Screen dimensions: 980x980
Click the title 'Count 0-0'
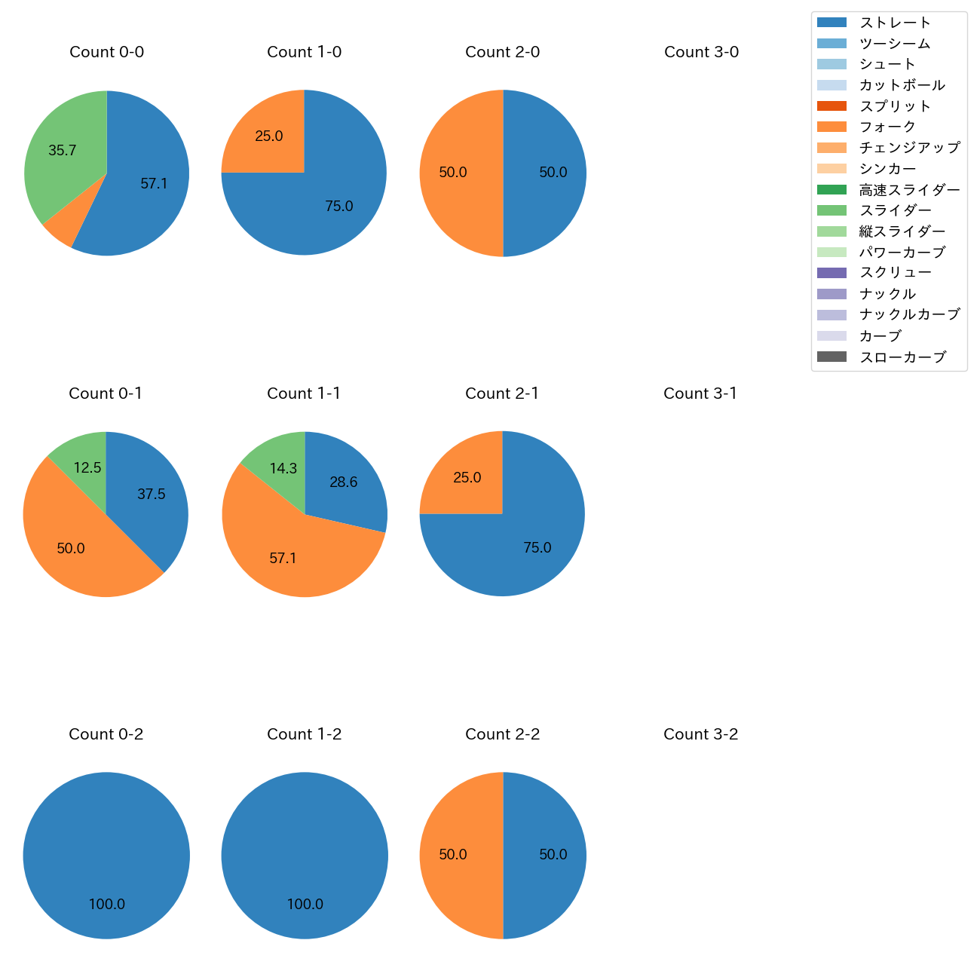(x=106, y=52)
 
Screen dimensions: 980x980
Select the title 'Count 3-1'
(x=700, y=394)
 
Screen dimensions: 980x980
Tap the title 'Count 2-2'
(x=502, y=734)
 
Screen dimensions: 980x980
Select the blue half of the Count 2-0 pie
(x=547, y=173)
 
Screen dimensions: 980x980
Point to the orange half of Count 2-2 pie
(x=456, y=856)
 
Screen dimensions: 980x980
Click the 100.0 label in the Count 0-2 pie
(x=107, y=904)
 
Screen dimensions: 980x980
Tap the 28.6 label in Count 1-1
(x=344, y=482)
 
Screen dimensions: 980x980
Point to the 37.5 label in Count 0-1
(x=152, y=495)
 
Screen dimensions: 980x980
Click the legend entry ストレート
(x=895, y=23)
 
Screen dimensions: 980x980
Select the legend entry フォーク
(x=887, y=127)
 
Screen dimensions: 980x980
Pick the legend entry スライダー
(x=895, y=210)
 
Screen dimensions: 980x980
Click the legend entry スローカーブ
(x=902, y=357)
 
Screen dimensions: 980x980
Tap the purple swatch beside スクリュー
(x=831, y=273)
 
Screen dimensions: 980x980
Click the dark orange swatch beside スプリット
(x=831, y=106)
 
